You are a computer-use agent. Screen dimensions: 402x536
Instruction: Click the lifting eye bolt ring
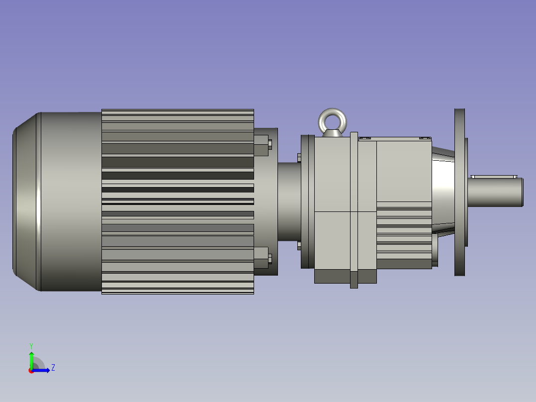[x=332, y=117]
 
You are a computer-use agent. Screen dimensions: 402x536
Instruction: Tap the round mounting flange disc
[x=459, y=192]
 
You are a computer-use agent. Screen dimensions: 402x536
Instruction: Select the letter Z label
[x=53, y=368]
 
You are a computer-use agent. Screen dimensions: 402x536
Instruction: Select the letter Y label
[x=31, y=345]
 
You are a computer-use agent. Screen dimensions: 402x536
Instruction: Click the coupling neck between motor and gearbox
[x=288, y=201]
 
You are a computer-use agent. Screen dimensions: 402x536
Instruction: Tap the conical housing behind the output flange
[x=443, y=192]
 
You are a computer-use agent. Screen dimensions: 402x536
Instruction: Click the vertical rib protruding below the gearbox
[x=354, y=279]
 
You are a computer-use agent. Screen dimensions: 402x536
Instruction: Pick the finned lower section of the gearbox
[x=403, y=234]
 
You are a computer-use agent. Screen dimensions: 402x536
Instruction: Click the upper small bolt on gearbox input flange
[x=299, y=158]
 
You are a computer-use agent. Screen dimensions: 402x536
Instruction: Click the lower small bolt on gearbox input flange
[x=299, y=246]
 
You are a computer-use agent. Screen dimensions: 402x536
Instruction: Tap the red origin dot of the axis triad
[x=31, y=371]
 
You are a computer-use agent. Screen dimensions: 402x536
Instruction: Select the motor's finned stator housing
[x=178, y=201]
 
